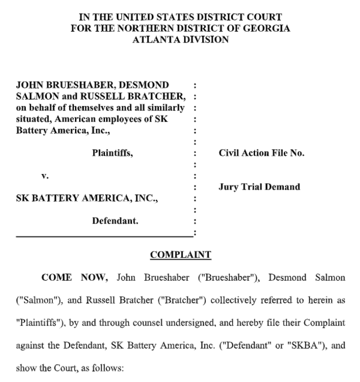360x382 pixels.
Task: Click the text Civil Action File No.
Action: pyautogui.click(x=262, y=154)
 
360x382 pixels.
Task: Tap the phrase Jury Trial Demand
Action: pyautogui.click(x=259, y=187)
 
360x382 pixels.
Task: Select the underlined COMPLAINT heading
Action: pyautogui.click(x=180, y=255)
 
